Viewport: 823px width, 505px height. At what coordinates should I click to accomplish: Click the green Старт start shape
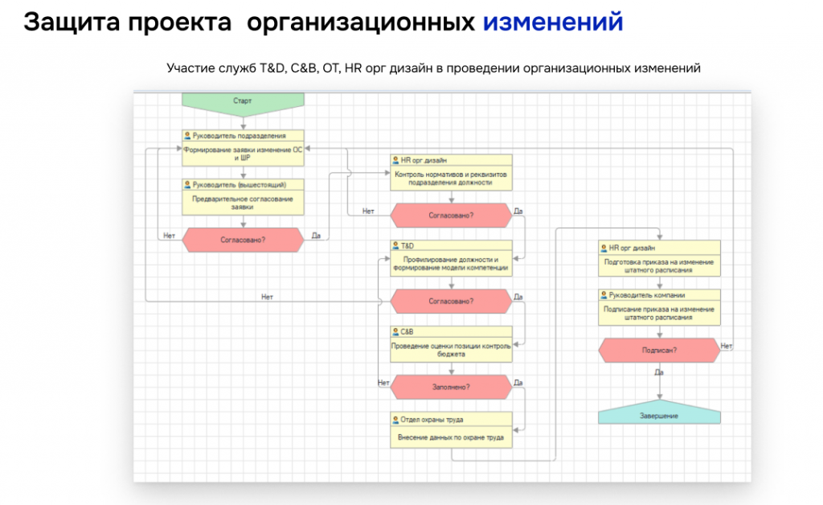(243, 103)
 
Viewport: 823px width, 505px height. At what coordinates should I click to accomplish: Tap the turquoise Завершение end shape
(659, 413)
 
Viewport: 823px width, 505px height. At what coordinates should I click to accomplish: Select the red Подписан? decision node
(659, 350)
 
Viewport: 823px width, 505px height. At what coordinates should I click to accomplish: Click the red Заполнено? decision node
(451, 387)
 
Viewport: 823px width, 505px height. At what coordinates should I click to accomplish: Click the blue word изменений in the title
(553, 22)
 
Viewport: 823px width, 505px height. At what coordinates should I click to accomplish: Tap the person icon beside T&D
(395, 246)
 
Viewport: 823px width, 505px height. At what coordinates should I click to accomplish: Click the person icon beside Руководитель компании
(604, 295)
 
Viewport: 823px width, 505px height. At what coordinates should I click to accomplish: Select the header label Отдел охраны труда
(432, 420)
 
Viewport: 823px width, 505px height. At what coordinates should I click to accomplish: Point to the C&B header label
(407, 332)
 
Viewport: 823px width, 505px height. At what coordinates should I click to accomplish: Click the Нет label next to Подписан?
(727, 346)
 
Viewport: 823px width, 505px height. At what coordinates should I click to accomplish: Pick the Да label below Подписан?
(659, 372)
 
